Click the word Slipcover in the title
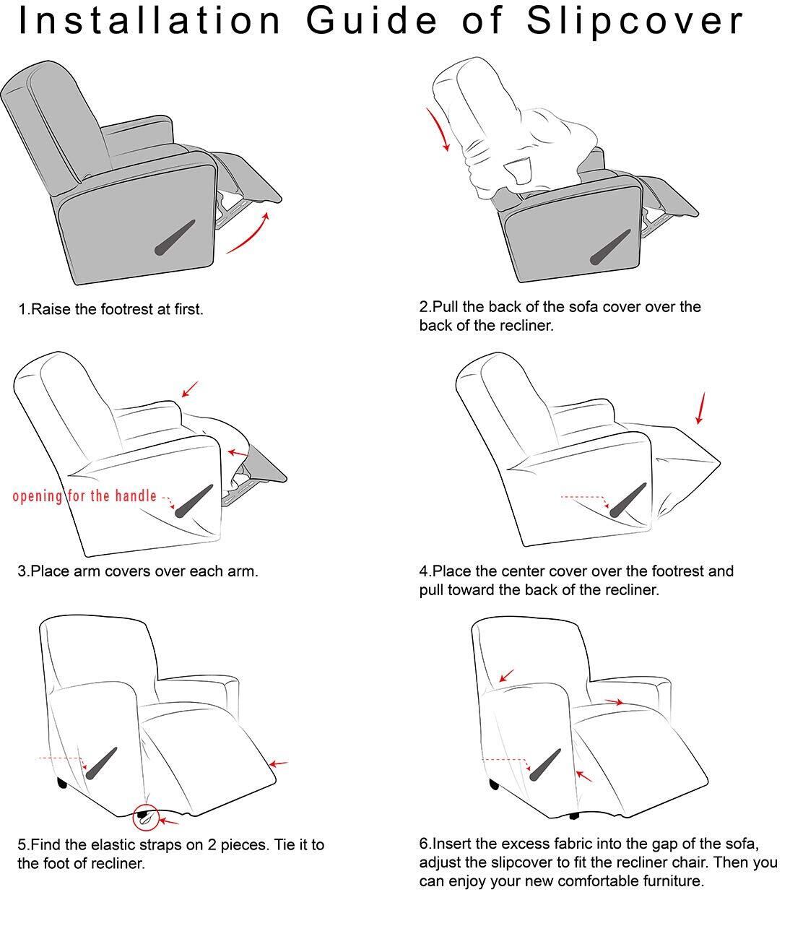635,22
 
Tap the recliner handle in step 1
175,238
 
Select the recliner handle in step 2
611,247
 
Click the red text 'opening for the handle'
84,496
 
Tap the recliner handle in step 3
194,501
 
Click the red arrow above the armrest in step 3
190,389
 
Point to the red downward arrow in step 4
700,408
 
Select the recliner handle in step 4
628,500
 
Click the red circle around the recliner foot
146,817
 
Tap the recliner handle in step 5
101,763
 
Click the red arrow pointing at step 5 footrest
278,763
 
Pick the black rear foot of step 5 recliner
62,783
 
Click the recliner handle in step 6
545,764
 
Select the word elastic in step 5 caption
113,844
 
